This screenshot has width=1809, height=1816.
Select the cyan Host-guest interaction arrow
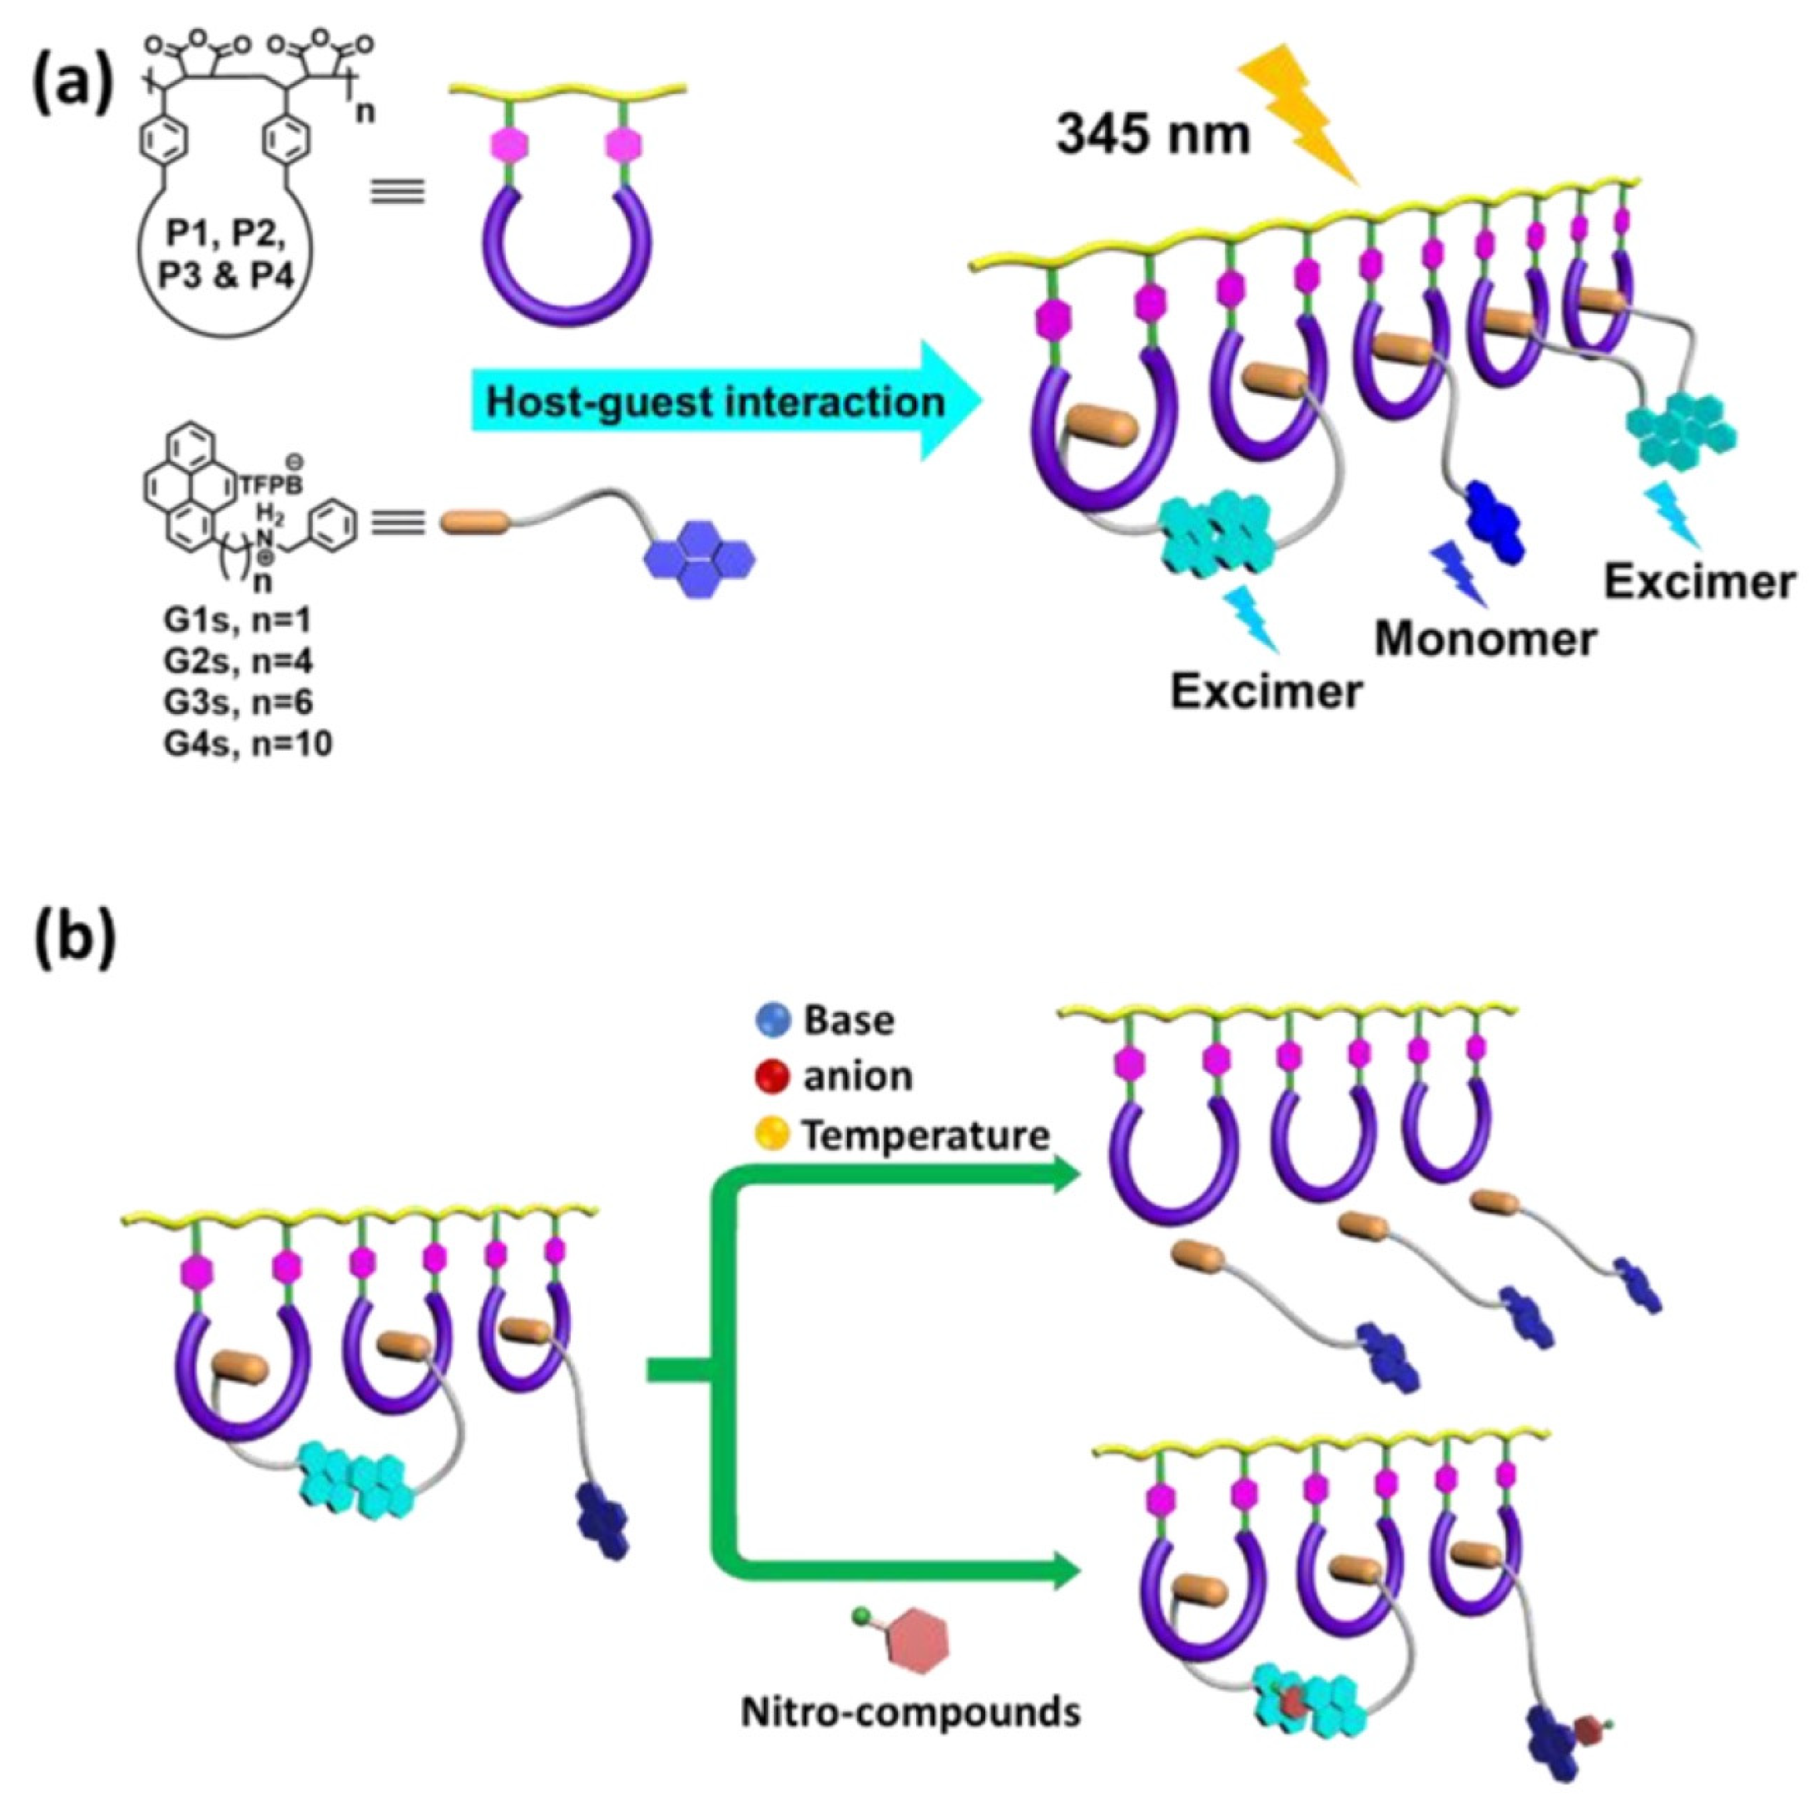(724, 401)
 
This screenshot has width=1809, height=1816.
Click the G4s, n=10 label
(247, 744)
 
